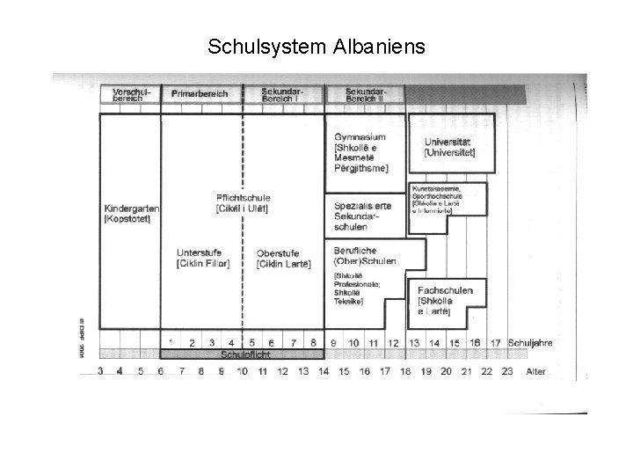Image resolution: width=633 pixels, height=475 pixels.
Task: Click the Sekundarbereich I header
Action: point(283,93)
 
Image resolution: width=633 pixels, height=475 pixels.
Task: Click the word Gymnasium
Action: point(360,137)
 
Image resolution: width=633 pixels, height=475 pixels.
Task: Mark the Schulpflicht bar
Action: point(242,354)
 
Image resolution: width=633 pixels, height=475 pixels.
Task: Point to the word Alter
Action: point(535,372)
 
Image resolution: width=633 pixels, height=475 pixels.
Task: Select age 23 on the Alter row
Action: point(507,372)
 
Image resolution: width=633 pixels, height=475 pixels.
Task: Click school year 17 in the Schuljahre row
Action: point(496,342)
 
